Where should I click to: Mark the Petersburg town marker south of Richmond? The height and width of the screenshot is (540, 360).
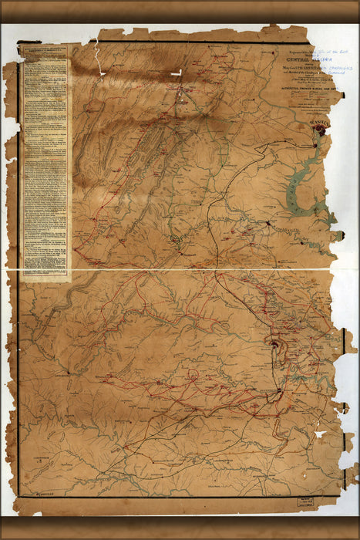click(278, 393)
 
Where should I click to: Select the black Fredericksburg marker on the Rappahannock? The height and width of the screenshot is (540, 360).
click(267, 223)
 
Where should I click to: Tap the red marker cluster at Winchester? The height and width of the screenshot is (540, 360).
click(183, 93)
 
